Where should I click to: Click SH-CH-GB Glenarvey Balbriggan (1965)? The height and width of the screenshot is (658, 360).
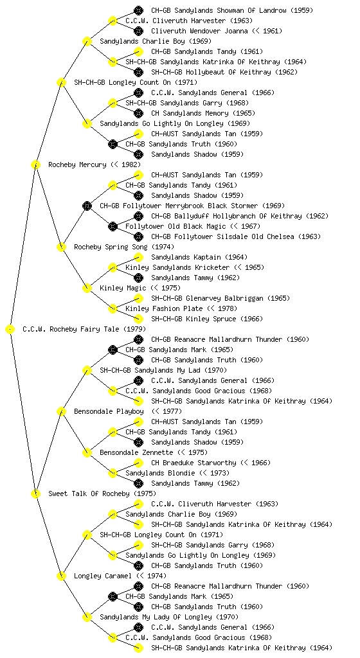click(x=221, y=298)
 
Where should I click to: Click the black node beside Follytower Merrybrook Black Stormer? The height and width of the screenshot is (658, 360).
click(x=87, y=206)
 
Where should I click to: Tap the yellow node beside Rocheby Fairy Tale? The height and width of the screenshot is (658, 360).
click(x=10, y=330)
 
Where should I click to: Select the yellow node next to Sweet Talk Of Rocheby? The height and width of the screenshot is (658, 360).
click(x=35, y=494)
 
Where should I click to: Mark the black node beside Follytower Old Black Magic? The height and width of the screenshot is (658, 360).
click(x=113, y=227)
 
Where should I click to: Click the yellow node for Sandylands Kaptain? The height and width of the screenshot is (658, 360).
click(x=138, y=257)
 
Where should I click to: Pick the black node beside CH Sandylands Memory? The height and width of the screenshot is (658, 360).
click(x=138, y=113)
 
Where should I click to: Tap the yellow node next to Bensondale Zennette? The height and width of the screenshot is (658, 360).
click(x=87, y=452)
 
